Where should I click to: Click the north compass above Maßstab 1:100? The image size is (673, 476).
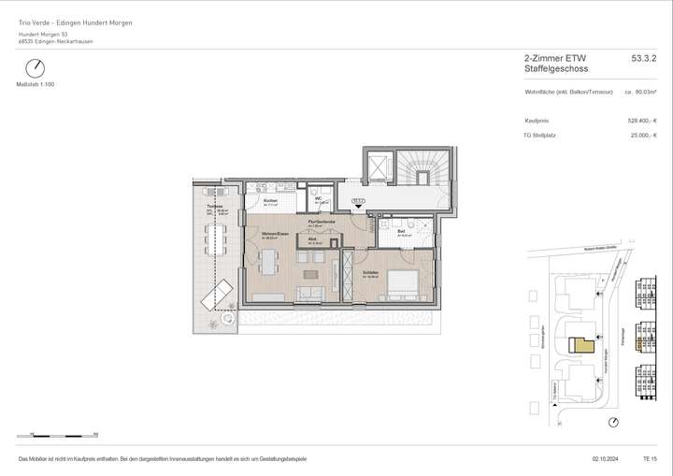(36, 68)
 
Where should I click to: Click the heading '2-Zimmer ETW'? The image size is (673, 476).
(551, 58)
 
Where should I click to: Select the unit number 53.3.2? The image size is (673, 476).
(644, 58)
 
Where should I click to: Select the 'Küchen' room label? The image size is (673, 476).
(270, 201)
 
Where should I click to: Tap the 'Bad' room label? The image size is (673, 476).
(400, 230)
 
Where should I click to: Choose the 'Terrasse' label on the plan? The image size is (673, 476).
(214, 207)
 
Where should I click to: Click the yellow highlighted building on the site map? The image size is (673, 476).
(583, 344)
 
